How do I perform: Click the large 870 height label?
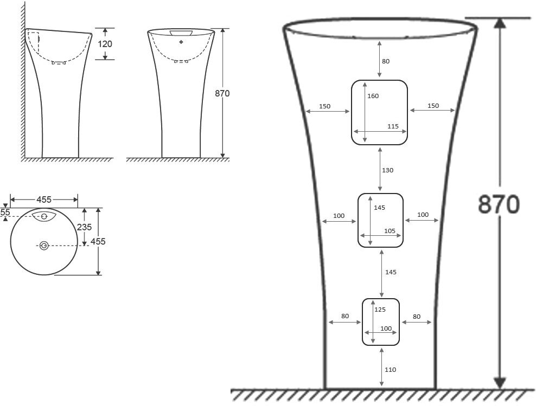point(499,204)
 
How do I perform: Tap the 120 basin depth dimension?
point(105,43)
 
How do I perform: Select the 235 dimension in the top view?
point(84,227)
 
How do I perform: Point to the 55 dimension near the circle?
point(5,212)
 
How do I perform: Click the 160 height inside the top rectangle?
point(373,96)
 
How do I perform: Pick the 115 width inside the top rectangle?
point(393,126)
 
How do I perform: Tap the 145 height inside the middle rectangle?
point(380,208)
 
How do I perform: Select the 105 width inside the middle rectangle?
point(390,230)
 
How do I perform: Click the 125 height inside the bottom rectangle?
point(380,310)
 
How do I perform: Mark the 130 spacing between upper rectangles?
point(387,170)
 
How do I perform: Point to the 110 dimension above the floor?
point(390,370)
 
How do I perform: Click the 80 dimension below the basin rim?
point(385,61)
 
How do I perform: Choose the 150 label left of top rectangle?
point(324,106)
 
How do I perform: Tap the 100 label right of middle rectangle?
point(423,215)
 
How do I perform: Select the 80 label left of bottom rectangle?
point(345,316)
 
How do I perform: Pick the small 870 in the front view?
point(222,93)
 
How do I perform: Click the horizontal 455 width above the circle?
point(44,199)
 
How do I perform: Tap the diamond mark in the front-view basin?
point(181,42)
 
